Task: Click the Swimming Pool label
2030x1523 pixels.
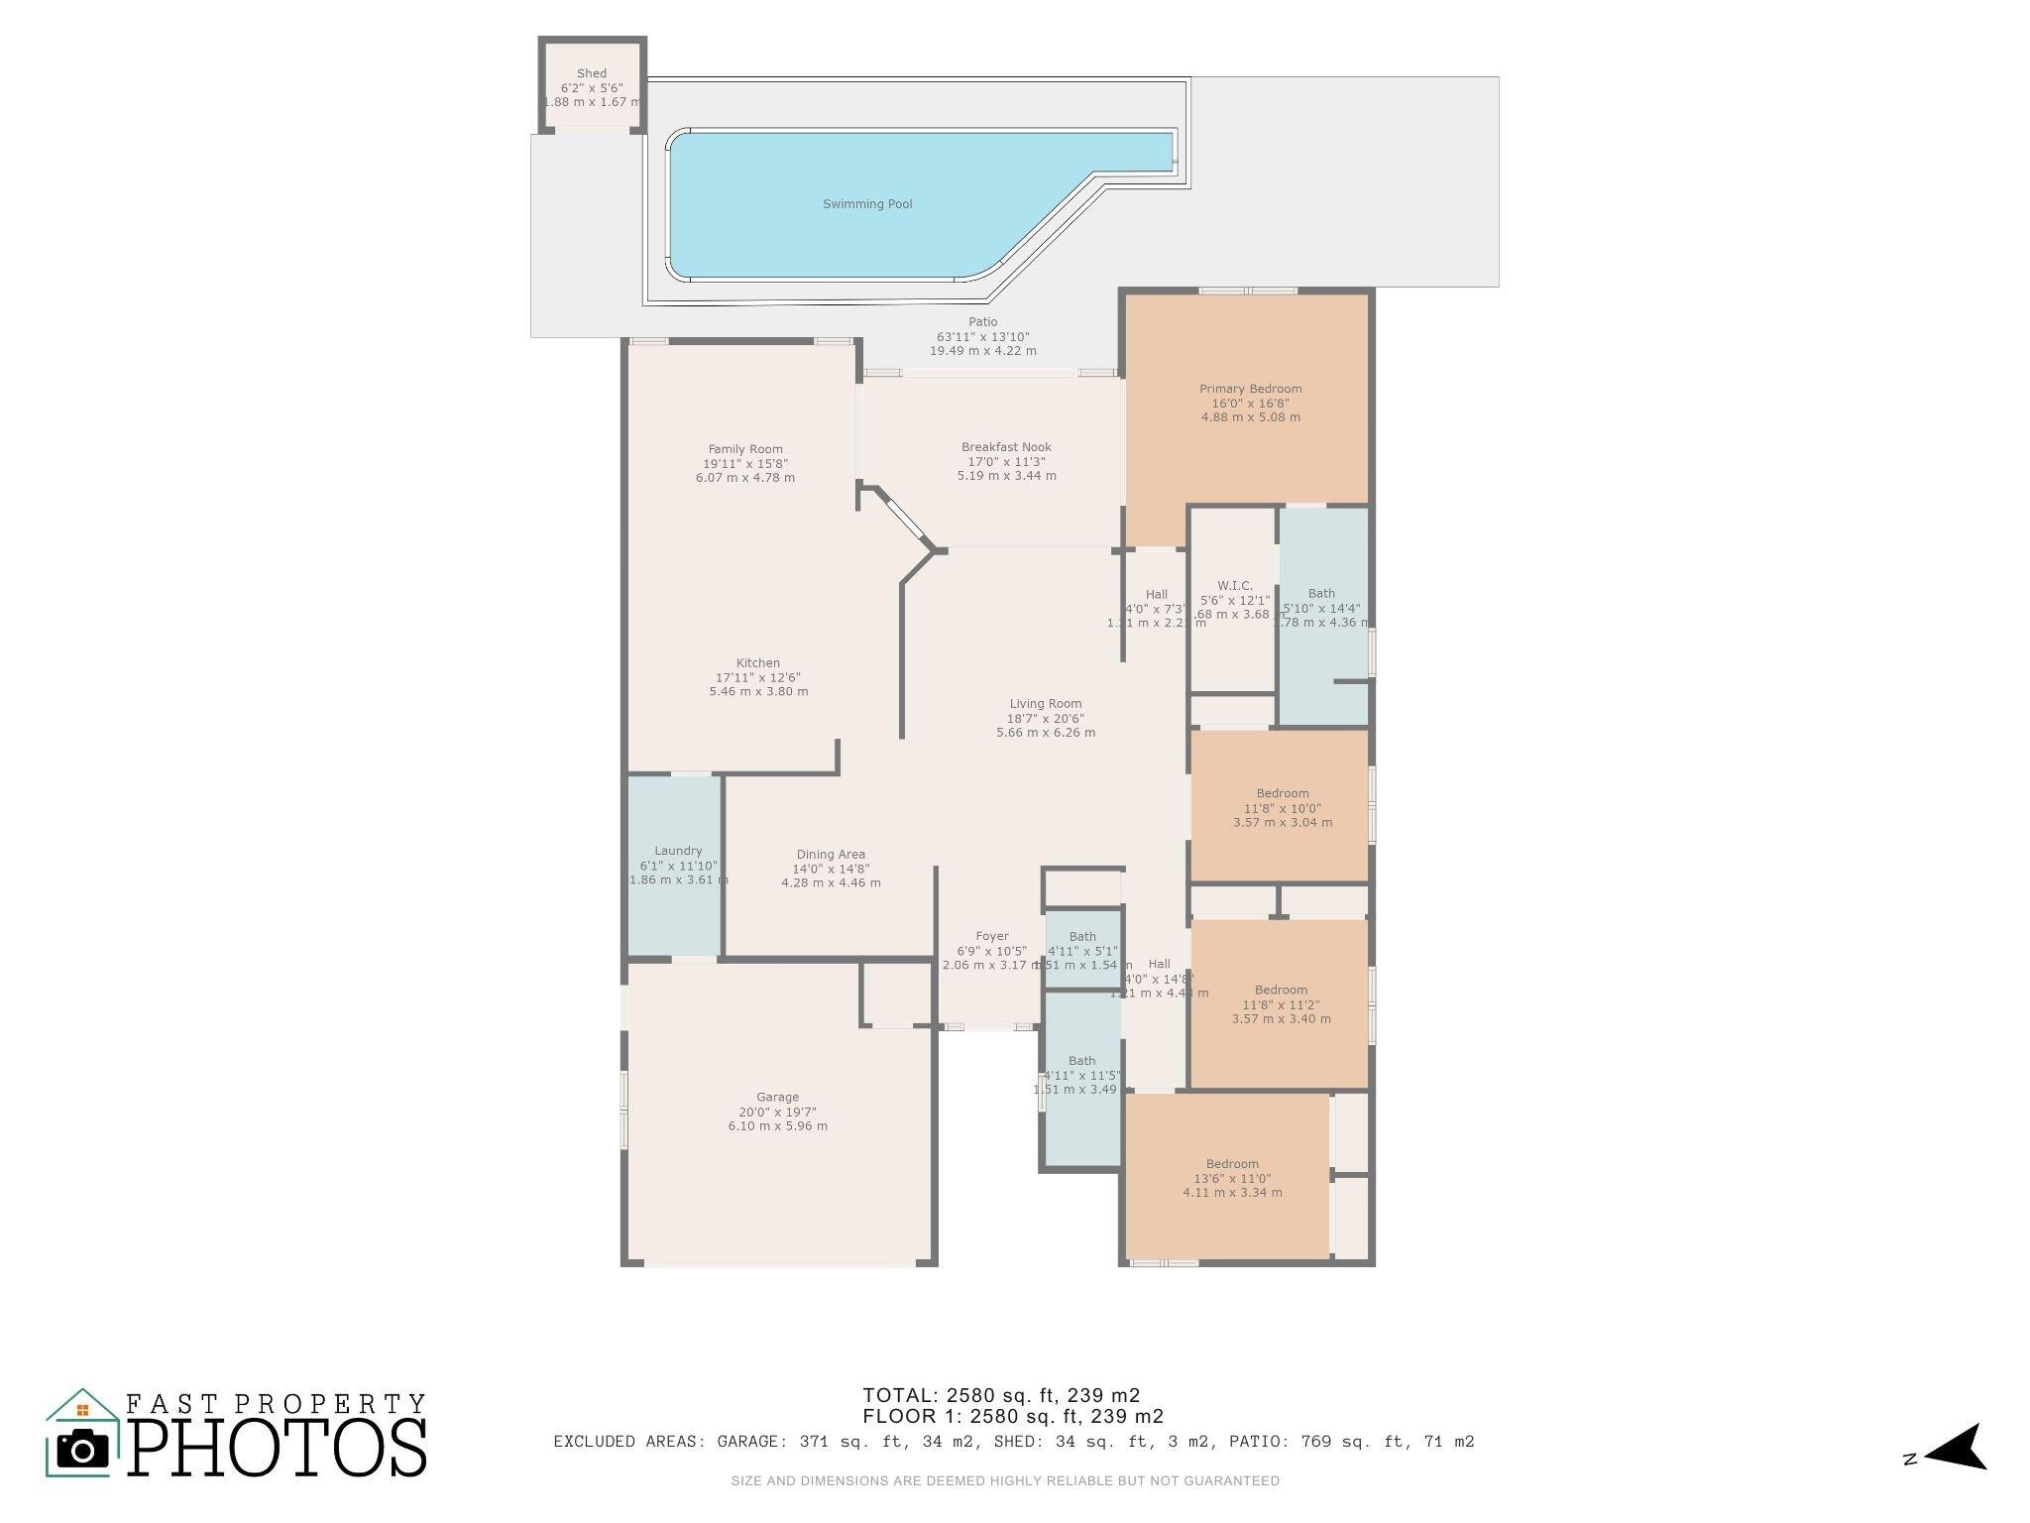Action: point(867,204)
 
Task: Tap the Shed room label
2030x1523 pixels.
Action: point(592,73)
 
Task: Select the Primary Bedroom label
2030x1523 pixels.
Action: point(1250,389)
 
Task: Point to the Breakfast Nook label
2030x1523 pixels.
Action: point(1006,447)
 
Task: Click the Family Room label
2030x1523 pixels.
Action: point(745,449)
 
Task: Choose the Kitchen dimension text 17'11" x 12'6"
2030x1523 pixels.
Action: point(758,677)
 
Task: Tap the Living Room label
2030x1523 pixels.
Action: point(1046,704)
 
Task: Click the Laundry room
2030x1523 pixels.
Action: point(677,863)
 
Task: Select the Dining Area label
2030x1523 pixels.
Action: point(831,855)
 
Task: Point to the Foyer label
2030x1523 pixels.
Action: point(992,936)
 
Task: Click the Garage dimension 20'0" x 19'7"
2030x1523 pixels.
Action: point(778,1112)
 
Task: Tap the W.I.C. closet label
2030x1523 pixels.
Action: point(1234,586)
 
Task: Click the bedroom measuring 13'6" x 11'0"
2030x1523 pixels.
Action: point(1232,1178)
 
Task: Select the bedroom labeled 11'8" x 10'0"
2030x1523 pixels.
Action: point(1282,807)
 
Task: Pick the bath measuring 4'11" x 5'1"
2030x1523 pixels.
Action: point(1082,950)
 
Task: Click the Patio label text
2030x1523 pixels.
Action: point(982,322)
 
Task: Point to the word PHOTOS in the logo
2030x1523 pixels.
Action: point(277,1449)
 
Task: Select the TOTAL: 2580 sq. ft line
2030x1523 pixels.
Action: point(1001,1396)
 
